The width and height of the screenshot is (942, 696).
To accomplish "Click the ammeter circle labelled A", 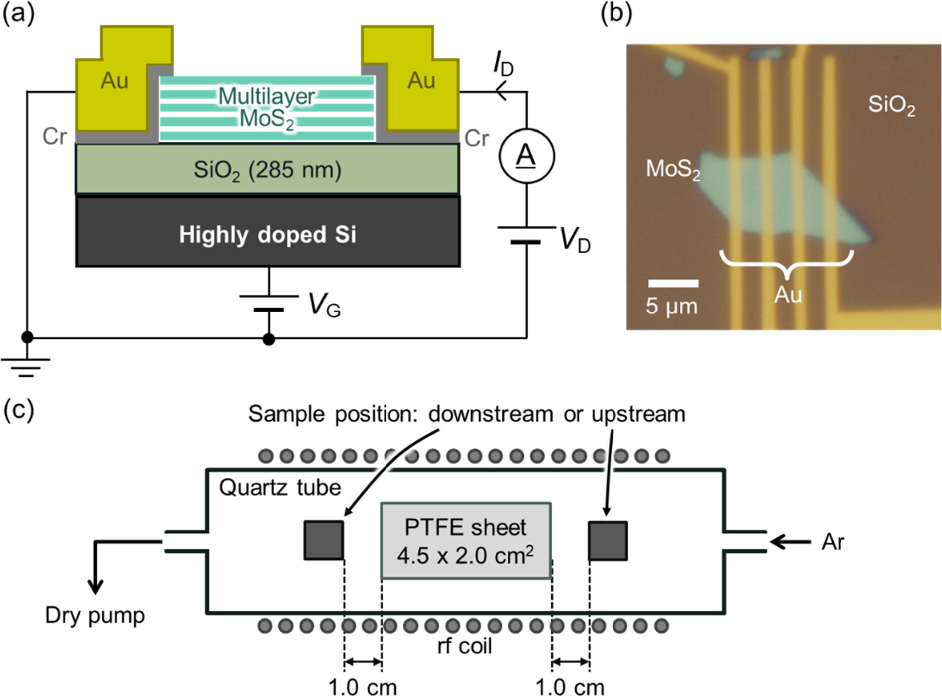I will point(527,156).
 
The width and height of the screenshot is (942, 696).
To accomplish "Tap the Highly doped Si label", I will point(268,235).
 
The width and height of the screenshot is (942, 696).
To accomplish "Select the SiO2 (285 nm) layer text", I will point(268,170).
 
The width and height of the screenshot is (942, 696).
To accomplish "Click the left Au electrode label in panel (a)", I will point(114,81).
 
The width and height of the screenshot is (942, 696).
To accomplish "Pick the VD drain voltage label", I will point(575,240).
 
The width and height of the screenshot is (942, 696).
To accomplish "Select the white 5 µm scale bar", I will point(673,283).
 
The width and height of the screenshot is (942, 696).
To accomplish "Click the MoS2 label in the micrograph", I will point(673,169).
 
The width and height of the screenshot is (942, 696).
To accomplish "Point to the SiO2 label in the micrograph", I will point(891,104).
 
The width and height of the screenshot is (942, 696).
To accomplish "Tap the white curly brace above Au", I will point(787,262).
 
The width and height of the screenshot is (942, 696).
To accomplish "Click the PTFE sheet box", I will point(466,541).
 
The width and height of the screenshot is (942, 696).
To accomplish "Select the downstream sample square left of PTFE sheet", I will point(324,541).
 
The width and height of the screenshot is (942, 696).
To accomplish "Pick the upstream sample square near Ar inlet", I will point(608,541).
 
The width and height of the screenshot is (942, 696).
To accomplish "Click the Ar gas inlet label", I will point(832,542).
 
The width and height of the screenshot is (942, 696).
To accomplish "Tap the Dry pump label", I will point(95,615).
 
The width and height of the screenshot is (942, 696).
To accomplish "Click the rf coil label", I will point(464,646).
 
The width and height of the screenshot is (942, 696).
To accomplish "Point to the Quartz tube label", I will point(280,487).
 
